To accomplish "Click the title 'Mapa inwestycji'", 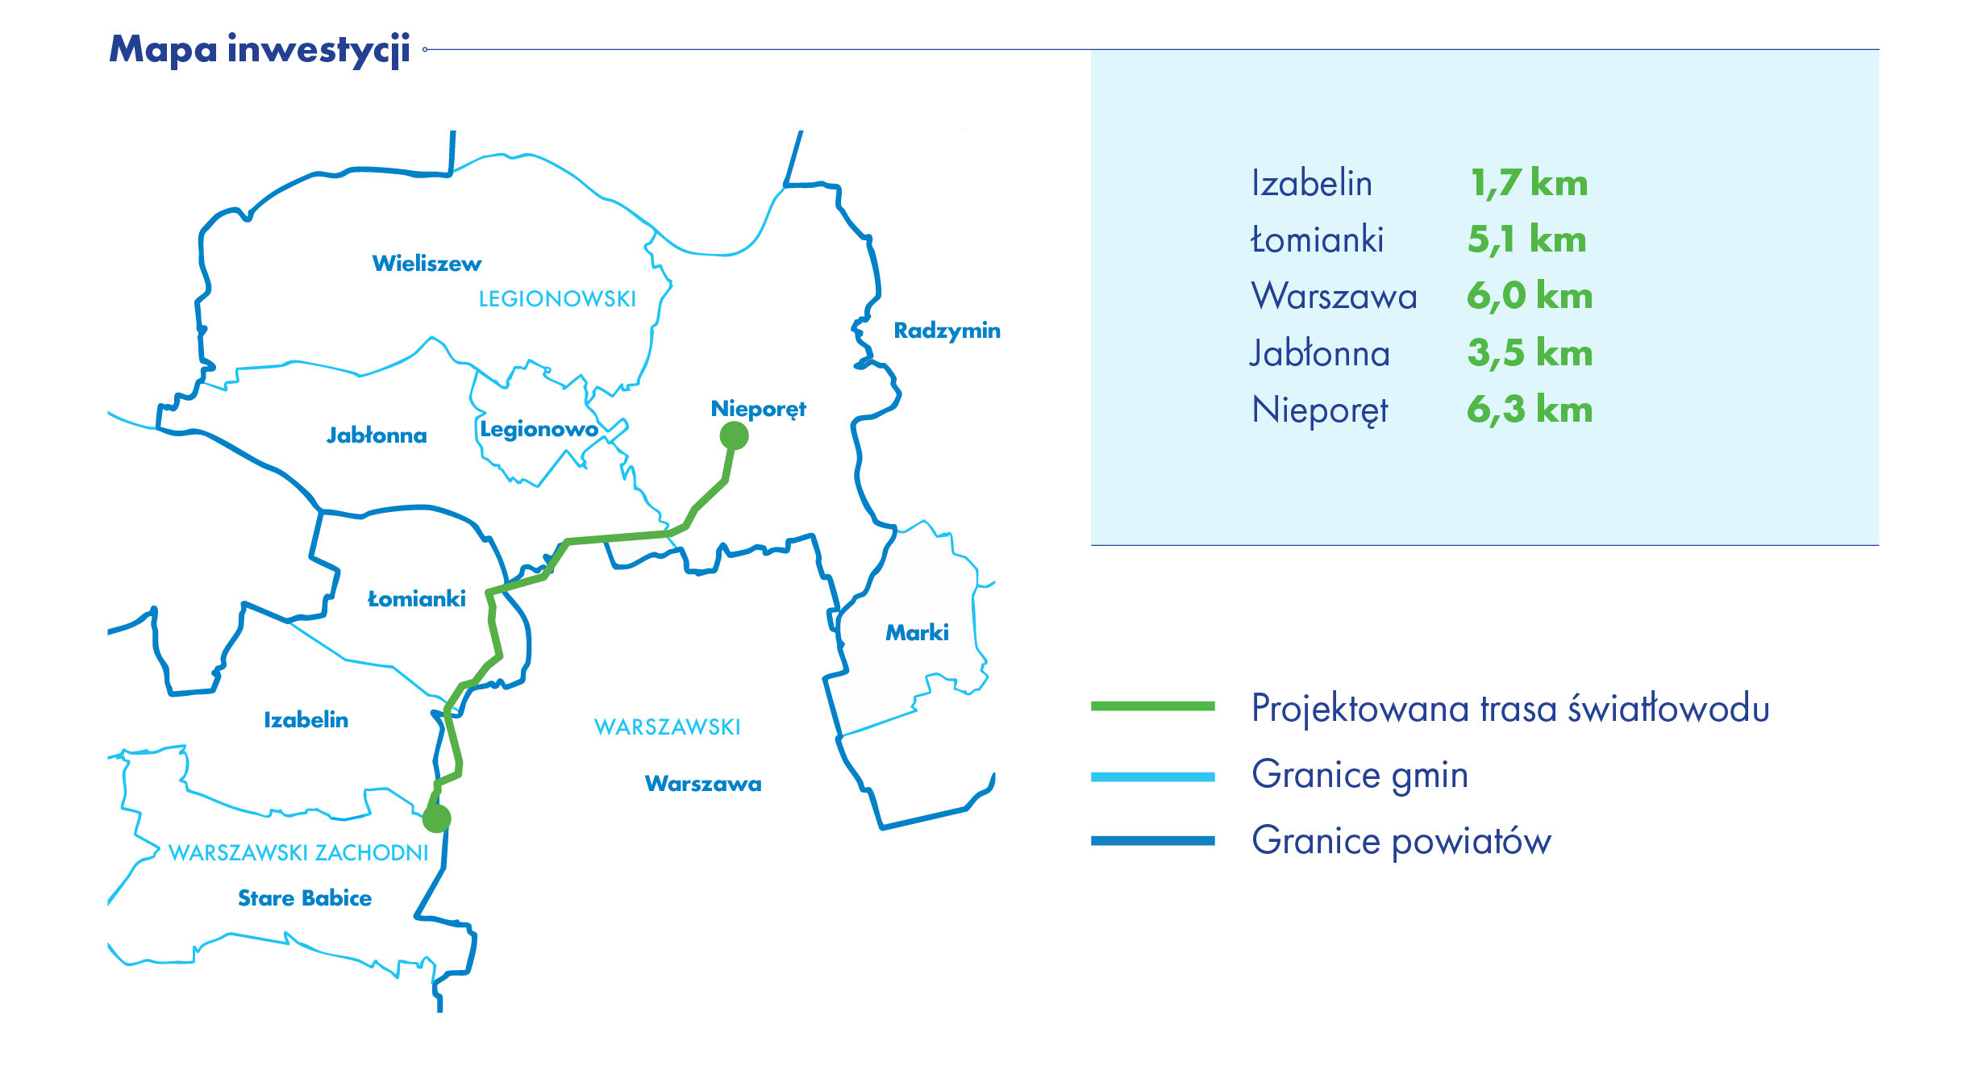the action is tap(260, 50).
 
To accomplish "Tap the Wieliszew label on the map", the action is tap(427, 264).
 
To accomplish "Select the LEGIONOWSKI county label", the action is tap(557, 299).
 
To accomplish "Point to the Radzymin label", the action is tap(947, 331).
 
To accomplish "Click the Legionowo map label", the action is tap(539, 429).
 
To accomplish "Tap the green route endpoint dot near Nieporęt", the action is tap(734, 435).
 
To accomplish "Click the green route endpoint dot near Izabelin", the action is tap(436, 818).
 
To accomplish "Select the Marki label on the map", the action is tap(917, 632).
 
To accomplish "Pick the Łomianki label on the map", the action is tap(416, 598).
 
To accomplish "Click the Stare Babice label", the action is tap(305, 898).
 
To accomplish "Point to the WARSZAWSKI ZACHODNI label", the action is tap(298, 853).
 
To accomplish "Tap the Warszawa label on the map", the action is tap(703, 784).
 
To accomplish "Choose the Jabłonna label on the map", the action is tap(377, 435).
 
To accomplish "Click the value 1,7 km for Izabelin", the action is tap(1528, 183).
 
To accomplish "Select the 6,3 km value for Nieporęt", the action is tap(1530, 410).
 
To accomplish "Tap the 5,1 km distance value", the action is tap(1526, 239).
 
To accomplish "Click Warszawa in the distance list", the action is tap(1334, 296).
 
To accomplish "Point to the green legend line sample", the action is tap(1152, 706).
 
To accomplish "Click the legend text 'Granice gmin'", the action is tap(1360, 775).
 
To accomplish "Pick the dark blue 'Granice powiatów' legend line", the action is tap(1152, 841).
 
